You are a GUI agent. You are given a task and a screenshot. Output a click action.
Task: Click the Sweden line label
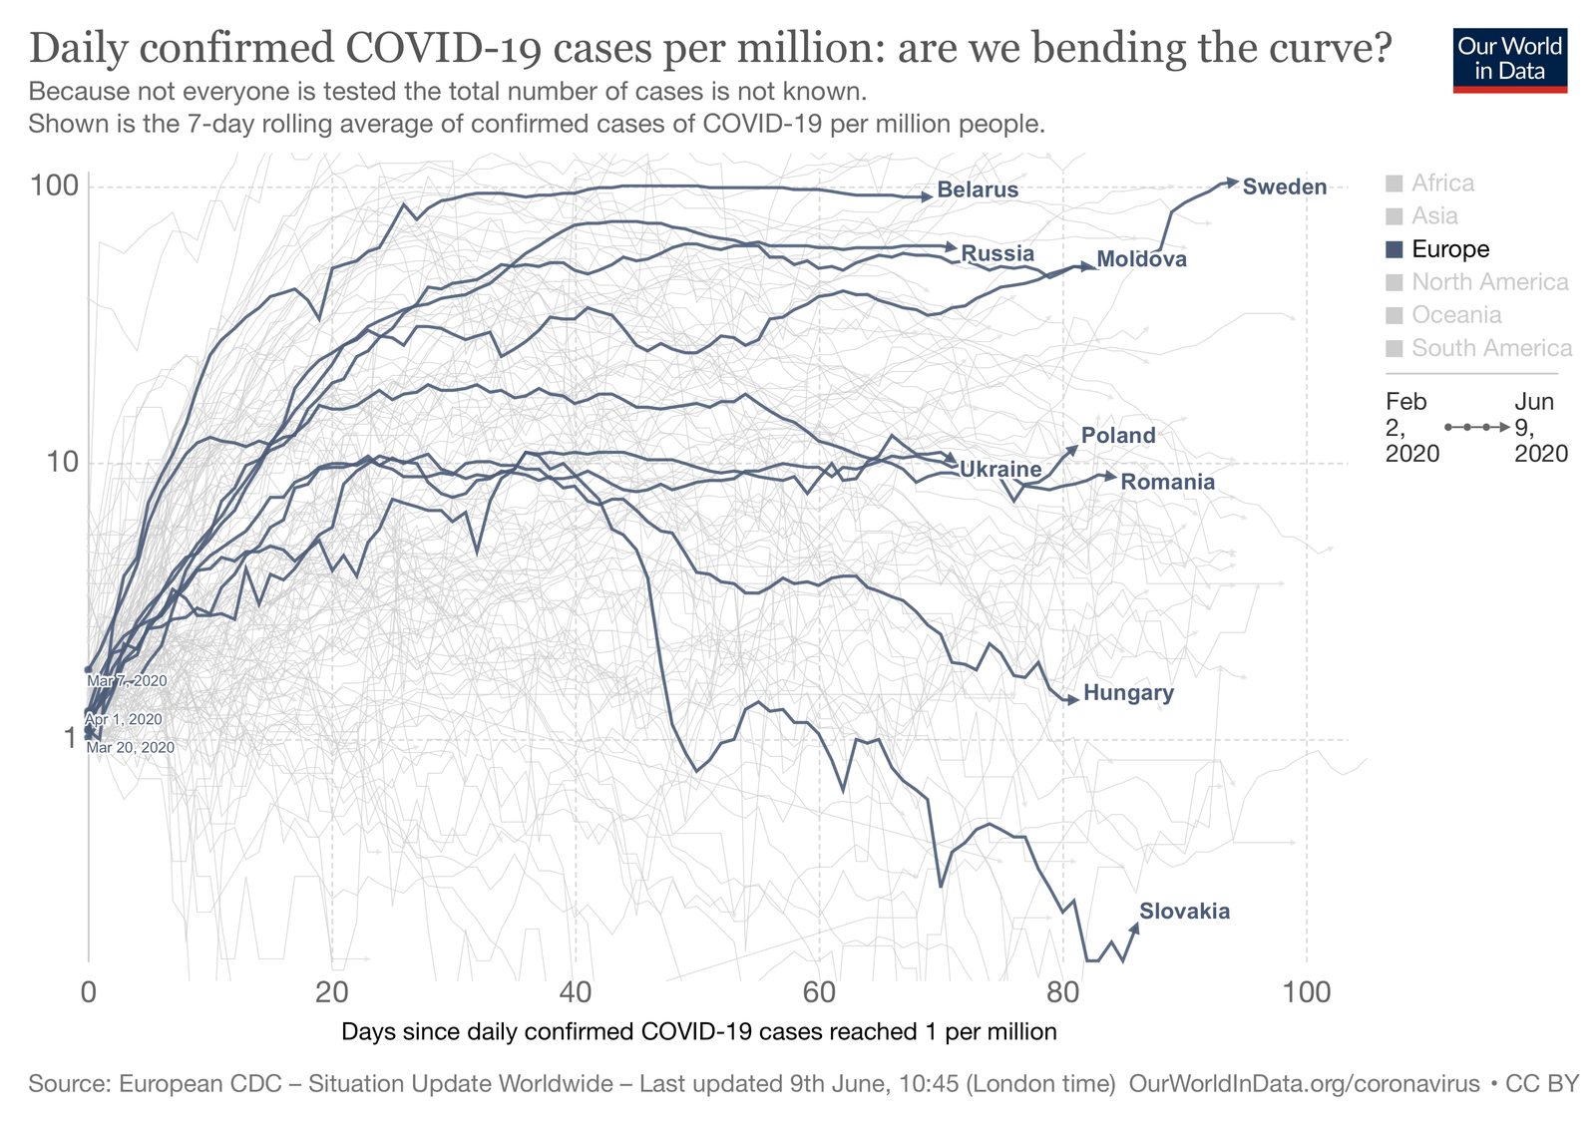tap(1285, 188)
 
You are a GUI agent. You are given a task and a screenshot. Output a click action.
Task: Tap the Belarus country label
tap(978, 190)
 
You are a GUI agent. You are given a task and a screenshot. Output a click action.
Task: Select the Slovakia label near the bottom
tap(1184, 912)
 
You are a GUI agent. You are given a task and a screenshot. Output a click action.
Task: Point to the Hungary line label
tap(1128, 693)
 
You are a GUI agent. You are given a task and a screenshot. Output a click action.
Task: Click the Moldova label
tap(1141, 260)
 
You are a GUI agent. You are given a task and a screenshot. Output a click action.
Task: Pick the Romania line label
tap(1167, 483)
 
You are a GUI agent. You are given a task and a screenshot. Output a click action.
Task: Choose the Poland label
tap(1118, 436)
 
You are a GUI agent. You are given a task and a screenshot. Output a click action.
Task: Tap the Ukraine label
tap(999, 470)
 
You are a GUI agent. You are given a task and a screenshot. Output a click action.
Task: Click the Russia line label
tap(997, 253)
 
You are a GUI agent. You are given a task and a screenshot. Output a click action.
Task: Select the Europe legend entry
tap(1449, 249)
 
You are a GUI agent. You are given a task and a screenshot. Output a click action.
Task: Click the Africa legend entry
tap(1441, 184)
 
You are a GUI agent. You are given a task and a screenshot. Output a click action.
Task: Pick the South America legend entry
tap(1490, 348)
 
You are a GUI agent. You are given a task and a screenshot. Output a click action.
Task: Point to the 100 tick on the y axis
tap(55, 187)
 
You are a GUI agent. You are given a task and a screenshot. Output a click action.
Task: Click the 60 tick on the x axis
tap(819, 992)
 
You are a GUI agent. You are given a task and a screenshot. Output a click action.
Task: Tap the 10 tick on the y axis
tap(62, 463)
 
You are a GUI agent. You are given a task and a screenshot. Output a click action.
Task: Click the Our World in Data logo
tap(1509, 60)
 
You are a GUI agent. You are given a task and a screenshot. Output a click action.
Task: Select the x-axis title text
tap(698, 1031)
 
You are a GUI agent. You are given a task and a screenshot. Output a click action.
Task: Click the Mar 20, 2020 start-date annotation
tap(131, 748)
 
